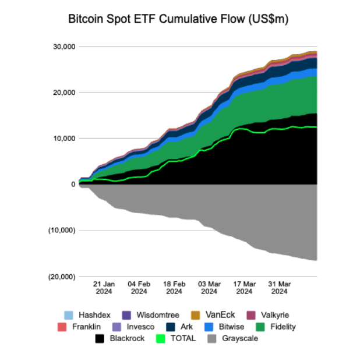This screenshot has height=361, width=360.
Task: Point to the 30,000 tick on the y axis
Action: (x=64, y=47)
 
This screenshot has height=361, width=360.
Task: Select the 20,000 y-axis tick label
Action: (x=64, y=93)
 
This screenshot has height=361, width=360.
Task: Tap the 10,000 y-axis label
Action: (x=64, y=139)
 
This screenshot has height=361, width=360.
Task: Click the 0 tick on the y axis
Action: (x=73, y=185)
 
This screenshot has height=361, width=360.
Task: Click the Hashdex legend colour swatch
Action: (x=69, y=315)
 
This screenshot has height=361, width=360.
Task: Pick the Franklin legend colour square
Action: (x=63, y=327)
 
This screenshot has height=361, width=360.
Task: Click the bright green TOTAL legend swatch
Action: (x=161, y=338)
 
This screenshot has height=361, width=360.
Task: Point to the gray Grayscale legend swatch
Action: (x=213, y=338)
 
